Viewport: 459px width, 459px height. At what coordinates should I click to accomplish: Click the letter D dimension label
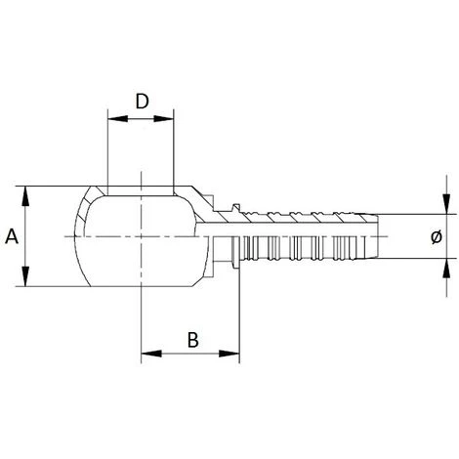pos(142,102)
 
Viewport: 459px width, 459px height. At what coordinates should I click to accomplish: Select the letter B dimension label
pos(192,340)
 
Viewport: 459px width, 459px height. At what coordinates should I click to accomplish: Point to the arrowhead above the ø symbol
pos(446,208)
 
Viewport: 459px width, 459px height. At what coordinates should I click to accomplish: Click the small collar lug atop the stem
pos(235,207)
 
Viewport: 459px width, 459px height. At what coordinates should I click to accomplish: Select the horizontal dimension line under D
pos(142,120)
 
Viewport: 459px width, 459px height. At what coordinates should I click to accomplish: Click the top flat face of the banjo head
pos(142,189)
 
